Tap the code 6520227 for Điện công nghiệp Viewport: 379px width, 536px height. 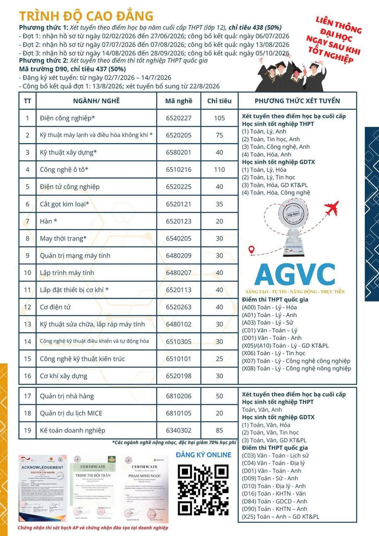coord(179,118)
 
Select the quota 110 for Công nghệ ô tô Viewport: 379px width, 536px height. coord(219,169)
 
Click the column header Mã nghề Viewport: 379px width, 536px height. coord(179,101)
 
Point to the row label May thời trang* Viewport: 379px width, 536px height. coord(63,238)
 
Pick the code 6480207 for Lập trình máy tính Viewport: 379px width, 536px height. coord(179,273)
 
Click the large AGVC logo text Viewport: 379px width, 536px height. coord(295,274)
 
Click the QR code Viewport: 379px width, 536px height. coord(203,488)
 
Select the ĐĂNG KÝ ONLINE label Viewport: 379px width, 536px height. coord(203,455)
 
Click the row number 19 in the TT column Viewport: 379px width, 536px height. coord(27,430)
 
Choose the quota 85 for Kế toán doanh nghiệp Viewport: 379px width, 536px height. coord(219,430)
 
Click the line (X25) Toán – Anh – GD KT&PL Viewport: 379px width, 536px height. coord(280,516)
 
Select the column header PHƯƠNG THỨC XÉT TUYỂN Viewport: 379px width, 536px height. coord(297,101)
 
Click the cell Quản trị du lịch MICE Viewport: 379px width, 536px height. coord(71,413)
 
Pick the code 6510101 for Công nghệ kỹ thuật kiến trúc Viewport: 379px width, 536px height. coord(179,359)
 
